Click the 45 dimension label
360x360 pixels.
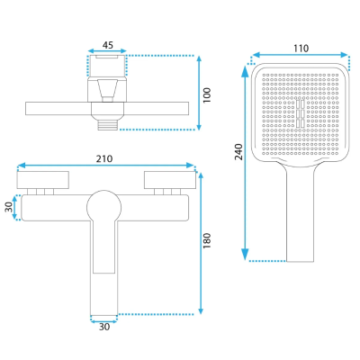(108, 45)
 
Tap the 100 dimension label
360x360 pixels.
(207, 95)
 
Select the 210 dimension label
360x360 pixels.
(104, 158)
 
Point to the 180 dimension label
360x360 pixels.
(207, 240)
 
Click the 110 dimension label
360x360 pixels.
(301, 49)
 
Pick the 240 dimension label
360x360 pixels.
(238, 152)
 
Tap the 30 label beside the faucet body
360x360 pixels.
(10, 207)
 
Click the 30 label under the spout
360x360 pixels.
(104, 327)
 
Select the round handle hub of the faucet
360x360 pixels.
(104, 207)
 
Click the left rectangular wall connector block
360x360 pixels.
(43, 180)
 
